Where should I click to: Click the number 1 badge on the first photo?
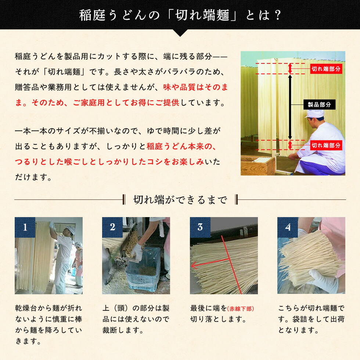tap(25, 227)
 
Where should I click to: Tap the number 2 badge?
tap(112, 227)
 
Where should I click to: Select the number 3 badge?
tap(200, 227)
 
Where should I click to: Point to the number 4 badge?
tap(287, 227)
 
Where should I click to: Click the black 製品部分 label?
tap(319, 105)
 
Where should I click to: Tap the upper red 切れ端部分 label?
tap(326, 69)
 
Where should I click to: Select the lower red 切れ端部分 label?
tap(326, 145)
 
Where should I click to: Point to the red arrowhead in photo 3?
tap(194, 266)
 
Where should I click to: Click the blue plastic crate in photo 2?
tap(143, 269)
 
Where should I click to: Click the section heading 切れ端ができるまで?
tap(180, 200)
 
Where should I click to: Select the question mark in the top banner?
tap(277, 15)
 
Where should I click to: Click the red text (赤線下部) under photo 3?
tap(240, 309)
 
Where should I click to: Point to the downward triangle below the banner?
tap(180, 33)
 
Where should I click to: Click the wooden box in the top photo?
tap(258, 165)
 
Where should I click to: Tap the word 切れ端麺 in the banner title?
tap(202, 15)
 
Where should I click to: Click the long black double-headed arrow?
tap(290, 107)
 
